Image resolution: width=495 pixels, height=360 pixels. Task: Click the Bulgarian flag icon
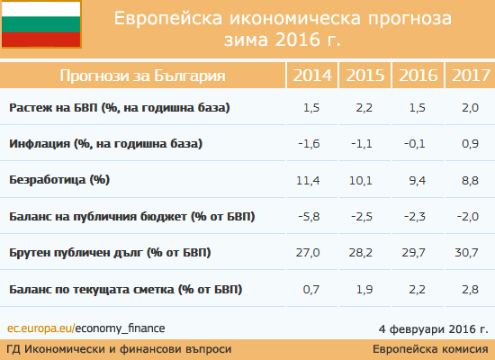coord(41,24)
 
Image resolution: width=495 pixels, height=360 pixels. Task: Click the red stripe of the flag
coord(41,40)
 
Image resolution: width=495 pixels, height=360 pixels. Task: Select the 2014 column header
coord(312,76)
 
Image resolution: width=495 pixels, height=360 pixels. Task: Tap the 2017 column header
coord(471,76)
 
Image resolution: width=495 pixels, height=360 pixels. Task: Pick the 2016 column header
coord(418,76)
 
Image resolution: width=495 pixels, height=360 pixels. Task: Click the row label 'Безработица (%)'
coord(59,180)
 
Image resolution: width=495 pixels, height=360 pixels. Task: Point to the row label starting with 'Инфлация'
coord(106,144)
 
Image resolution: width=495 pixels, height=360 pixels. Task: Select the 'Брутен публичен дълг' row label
coord(110,253)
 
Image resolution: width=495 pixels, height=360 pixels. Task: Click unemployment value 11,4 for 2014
coord(308,180)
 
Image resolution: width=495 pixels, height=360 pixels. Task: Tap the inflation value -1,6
coord(309,144)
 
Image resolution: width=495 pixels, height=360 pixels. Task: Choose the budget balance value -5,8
coord(309,217)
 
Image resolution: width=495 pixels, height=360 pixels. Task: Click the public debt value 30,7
coord(466,253)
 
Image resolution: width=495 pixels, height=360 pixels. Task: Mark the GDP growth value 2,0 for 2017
coord(470,108)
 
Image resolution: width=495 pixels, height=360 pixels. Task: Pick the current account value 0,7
coord(311,289)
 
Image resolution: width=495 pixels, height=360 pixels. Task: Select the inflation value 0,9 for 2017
coord(470,144)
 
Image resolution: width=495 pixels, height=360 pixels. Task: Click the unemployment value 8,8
coord(470,180)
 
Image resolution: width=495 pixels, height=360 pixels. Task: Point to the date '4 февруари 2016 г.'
coord(434,329)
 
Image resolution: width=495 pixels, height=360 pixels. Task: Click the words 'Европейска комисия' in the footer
coord(430,349)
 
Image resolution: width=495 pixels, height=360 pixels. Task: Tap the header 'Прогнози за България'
coord(143,76)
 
